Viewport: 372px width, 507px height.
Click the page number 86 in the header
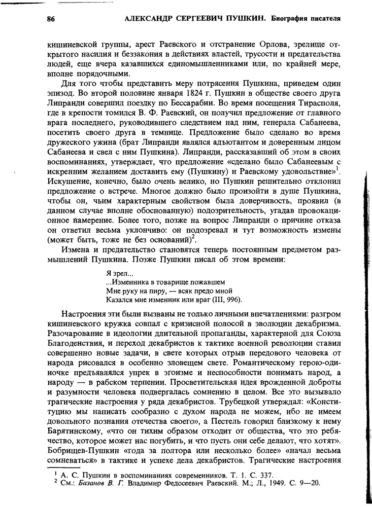pyautogui.click(x=50, y=19)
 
